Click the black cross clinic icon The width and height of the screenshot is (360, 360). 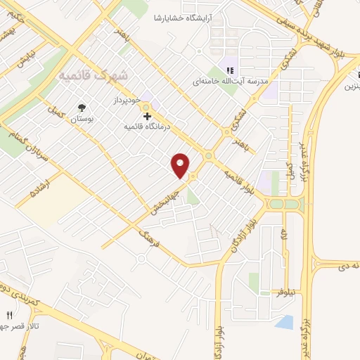(x=147, y=116)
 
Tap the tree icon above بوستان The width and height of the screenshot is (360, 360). (x=82, y=108)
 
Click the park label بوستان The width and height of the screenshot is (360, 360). (x=82, y=120)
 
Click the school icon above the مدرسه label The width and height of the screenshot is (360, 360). (x=230, y=70)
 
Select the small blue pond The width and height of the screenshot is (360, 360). (x=284, y=322)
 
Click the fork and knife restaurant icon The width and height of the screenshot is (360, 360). (x=10, y=316)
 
